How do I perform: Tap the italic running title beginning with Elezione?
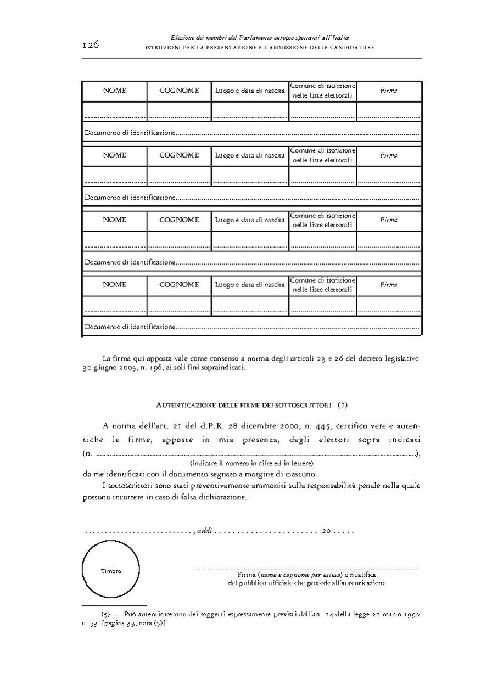[x=260, y=37]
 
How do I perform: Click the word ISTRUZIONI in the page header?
[x=160, y=48]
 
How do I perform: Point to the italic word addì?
[x=204, y=531]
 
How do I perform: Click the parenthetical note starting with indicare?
[x=251, y=463]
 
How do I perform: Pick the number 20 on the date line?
[x=327, y=531]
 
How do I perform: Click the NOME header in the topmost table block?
[x=114, y=91]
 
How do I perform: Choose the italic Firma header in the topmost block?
[x=388, y=91]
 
